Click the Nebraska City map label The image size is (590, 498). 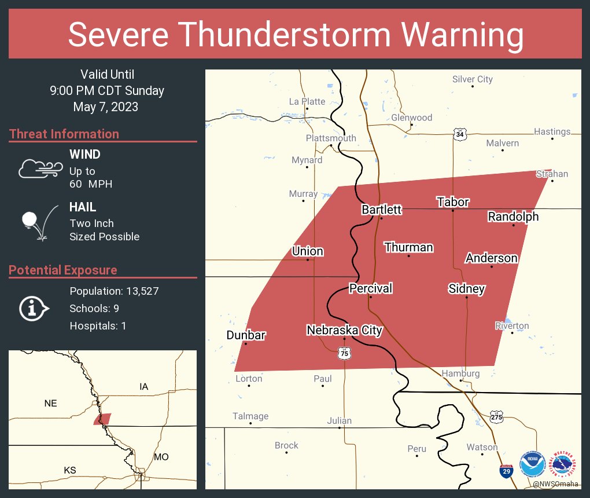point(344,330)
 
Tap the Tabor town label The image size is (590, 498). point(452,202)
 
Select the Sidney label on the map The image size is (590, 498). point(466,288)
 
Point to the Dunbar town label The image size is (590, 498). point(246,335)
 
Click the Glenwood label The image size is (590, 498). point(411,118)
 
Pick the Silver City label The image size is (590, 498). point(472,79)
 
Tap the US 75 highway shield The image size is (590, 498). point(344,353)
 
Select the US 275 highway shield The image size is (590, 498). point(496,416)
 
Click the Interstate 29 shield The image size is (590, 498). point(506,470)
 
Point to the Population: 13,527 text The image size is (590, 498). point(114,291)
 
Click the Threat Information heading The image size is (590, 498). point(64,134)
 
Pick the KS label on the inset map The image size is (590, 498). point(69,470)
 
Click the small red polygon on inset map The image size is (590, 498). point(103,419)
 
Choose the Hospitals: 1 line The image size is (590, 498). point(98,325)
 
